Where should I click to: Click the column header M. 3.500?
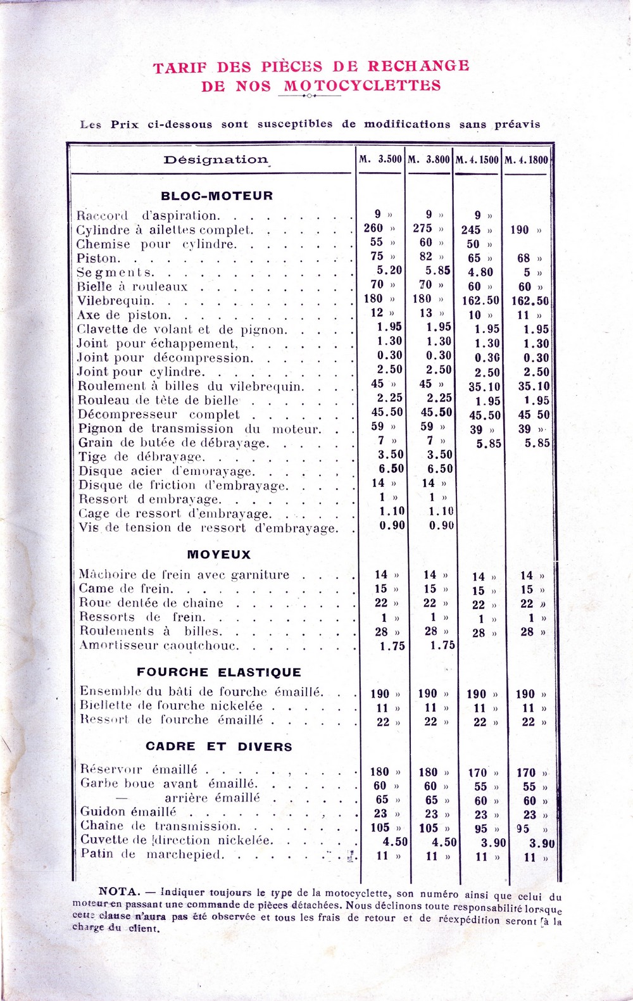pyautogui.click(x=380, y=159)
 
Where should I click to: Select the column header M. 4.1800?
pyautogui.click(x=526, y=160)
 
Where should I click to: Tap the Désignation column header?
pyautogui.click(x=216, y=160)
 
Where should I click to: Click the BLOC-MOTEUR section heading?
pyautogui.click(x=217, y=196)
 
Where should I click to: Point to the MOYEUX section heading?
pyautogui.click(x=219, y=555)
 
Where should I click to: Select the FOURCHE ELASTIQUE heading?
pyautogui.click(x=219, y=672)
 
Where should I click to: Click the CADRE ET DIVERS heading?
pyautogui.click(x=219, y=746)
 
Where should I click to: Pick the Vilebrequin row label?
pyautogui.click(x=115, y=301)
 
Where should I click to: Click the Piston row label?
pyautogui.click(x=97, y=258)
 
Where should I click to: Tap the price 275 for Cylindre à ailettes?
pyautogui.click(x=422, y=229)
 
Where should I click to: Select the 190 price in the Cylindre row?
pyautogui.click(x=520, y=230)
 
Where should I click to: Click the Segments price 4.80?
pyautogui.click(x=480, y=272)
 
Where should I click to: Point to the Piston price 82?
pyautogui.click(x=426, y=256)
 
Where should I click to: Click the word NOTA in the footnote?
pyautogui.click(x=118, y=891)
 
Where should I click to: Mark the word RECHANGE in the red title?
pyautogui.click(x=418, y=66)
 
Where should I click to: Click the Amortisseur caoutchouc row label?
pyautogui.click(x=158, y=646)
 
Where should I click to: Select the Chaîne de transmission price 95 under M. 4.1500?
pyautogui.click(x=481, y=828)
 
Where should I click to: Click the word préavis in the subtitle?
pyautogui.click(x=517, y=124)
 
